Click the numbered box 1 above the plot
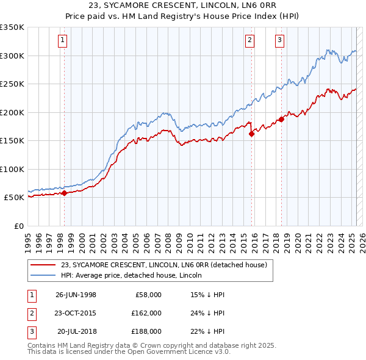click(63, 41)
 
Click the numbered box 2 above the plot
click(250, 41)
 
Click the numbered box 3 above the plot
click(279, 41)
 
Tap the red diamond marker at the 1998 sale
click(65, 193)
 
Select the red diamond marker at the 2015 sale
click(251, 135)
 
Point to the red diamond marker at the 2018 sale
click(281, 120)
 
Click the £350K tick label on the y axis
click(12, 27)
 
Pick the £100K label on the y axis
click(12, 169)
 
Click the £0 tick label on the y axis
click(19, 226)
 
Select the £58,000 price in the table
click(146, 295)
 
